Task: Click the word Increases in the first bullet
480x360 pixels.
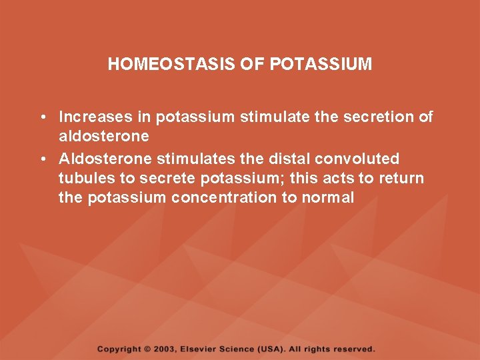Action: click(x=96, y=117)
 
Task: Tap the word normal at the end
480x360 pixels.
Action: click(x=329, y=197)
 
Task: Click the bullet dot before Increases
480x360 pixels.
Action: click(x=42, y=118)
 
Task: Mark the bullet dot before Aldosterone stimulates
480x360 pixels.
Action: click(x=42, y=159)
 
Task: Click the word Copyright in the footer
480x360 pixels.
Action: click(x=119, y=349)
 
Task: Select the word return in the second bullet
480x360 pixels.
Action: click(x=402, y=178)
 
